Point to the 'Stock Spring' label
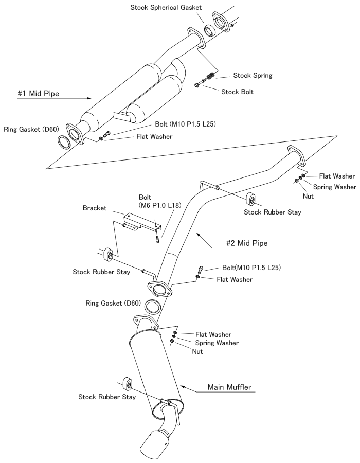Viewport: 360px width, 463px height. (x=252, y=75)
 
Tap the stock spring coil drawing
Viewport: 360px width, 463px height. (x=209, y=80)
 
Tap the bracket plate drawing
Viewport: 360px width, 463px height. (x=141, y=218)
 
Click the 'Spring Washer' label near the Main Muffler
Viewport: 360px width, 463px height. (x=217, y=343)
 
